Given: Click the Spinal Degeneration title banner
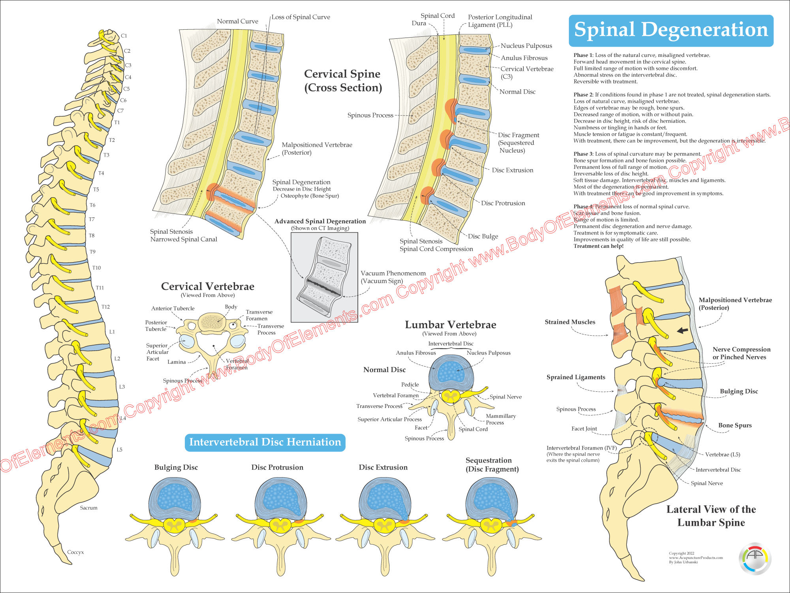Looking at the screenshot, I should pyautogui.click(x=671, y=30).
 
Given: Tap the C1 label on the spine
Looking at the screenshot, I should pyautogui.click(x=124, y=36).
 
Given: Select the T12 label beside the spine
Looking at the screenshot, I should pyautogui.click(x=105, y=307).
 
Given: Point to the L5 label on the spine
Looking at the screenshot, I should pyautogui.click(x=119, y=449).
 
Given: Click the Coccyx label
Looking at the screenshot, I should pyautogui.click(x=75, y=552).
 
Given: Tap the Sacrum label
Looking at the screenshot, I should pyautogui.click(x=88, y=508).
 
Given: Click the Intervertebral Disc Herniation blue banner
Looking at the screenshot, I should pyautogui.click(x=265, y=442).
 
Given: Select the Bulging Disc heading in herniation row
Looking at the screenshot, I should pyautogui.click(x=176, y=467).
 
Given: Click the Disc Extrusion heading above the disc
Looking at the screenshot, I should pyautogui.click(x=383, y=467).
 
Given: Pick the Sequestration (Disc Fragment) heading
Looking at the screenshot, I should pyautogui.click(x=492, y=465).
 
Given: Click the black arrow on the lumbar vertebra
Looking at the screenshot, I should pyautogui.click(x=683, y=330).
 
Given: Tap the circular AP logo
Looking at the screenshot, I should pyautogui.click(x=755, y=558).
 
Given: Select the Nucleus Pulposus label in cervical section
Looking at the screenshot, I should pyautogui.click(x=526, y=46).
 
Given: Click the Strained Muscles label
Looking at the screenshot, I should pyautogui.click(x=570, y=322).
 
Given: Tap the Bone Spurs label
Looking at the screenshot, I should pyautogui.click(x=735, y=425).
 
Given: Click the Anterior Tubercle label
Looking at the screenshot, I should pyautogui.click(x=173, y=308).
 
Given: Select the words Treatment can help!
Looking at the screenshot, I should pyautogui.click(x=598, y=246).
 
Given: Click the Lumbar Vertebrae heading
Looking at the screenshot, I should pyautogui.click(x=450, y=325).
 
